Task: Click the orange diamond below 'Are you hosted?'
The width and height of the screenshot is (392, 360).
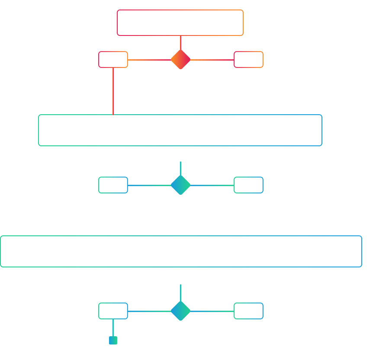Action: click(180, 59)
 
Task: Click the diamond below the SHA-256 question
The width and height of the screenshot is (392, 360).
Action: click(180, 185)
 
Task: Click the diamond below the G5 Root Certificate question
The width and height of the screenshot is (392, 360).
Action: click(180, 311)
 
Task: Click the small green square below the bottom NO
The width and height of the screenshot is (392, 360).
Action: click(113, 341)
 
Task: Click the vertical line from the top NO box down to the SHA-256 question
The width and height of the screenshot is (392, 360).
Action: click(113, 91)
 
